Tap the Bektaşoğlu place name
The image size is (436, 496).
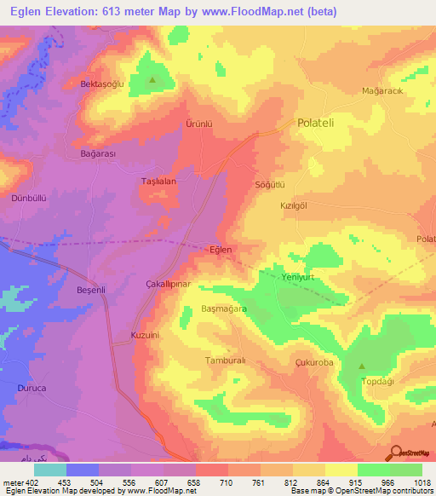(102, 84)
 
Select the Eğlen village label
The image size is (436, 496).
(221, 250)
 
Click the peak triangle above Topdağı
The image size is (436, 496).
(363, 366)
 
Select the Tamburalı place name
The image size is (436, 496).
(226, 360)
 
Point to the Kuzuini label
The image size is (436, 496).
(145, 336)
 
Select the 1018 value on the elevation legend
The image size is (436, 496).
(422, 482)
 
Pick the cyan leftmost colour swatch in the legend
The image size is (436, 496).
(50, 470)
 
